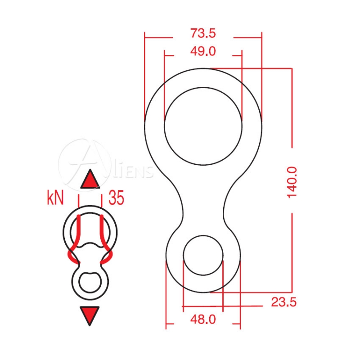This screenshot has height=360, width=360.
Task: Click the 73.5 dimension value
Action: point(203,33)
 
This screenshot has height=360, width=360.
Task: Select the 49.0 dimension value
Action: point(203,51)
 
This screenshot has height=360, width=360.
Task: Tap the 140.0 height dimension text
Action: point(292,183)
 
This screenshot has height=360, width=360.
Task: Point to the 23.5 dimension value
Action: point(284,302)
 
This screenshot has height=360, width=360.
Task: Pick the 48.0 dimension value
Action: point(203,319)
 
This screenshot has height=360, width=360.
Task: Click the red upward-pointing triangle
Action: point(90,179)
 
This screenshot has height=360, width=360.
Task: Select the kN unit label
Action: point(55,198)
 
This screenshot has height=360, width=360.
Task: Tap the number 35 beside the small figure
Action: point(117,198)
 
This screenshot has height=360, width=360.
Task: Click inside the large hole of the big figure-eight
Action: point(203,126)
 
